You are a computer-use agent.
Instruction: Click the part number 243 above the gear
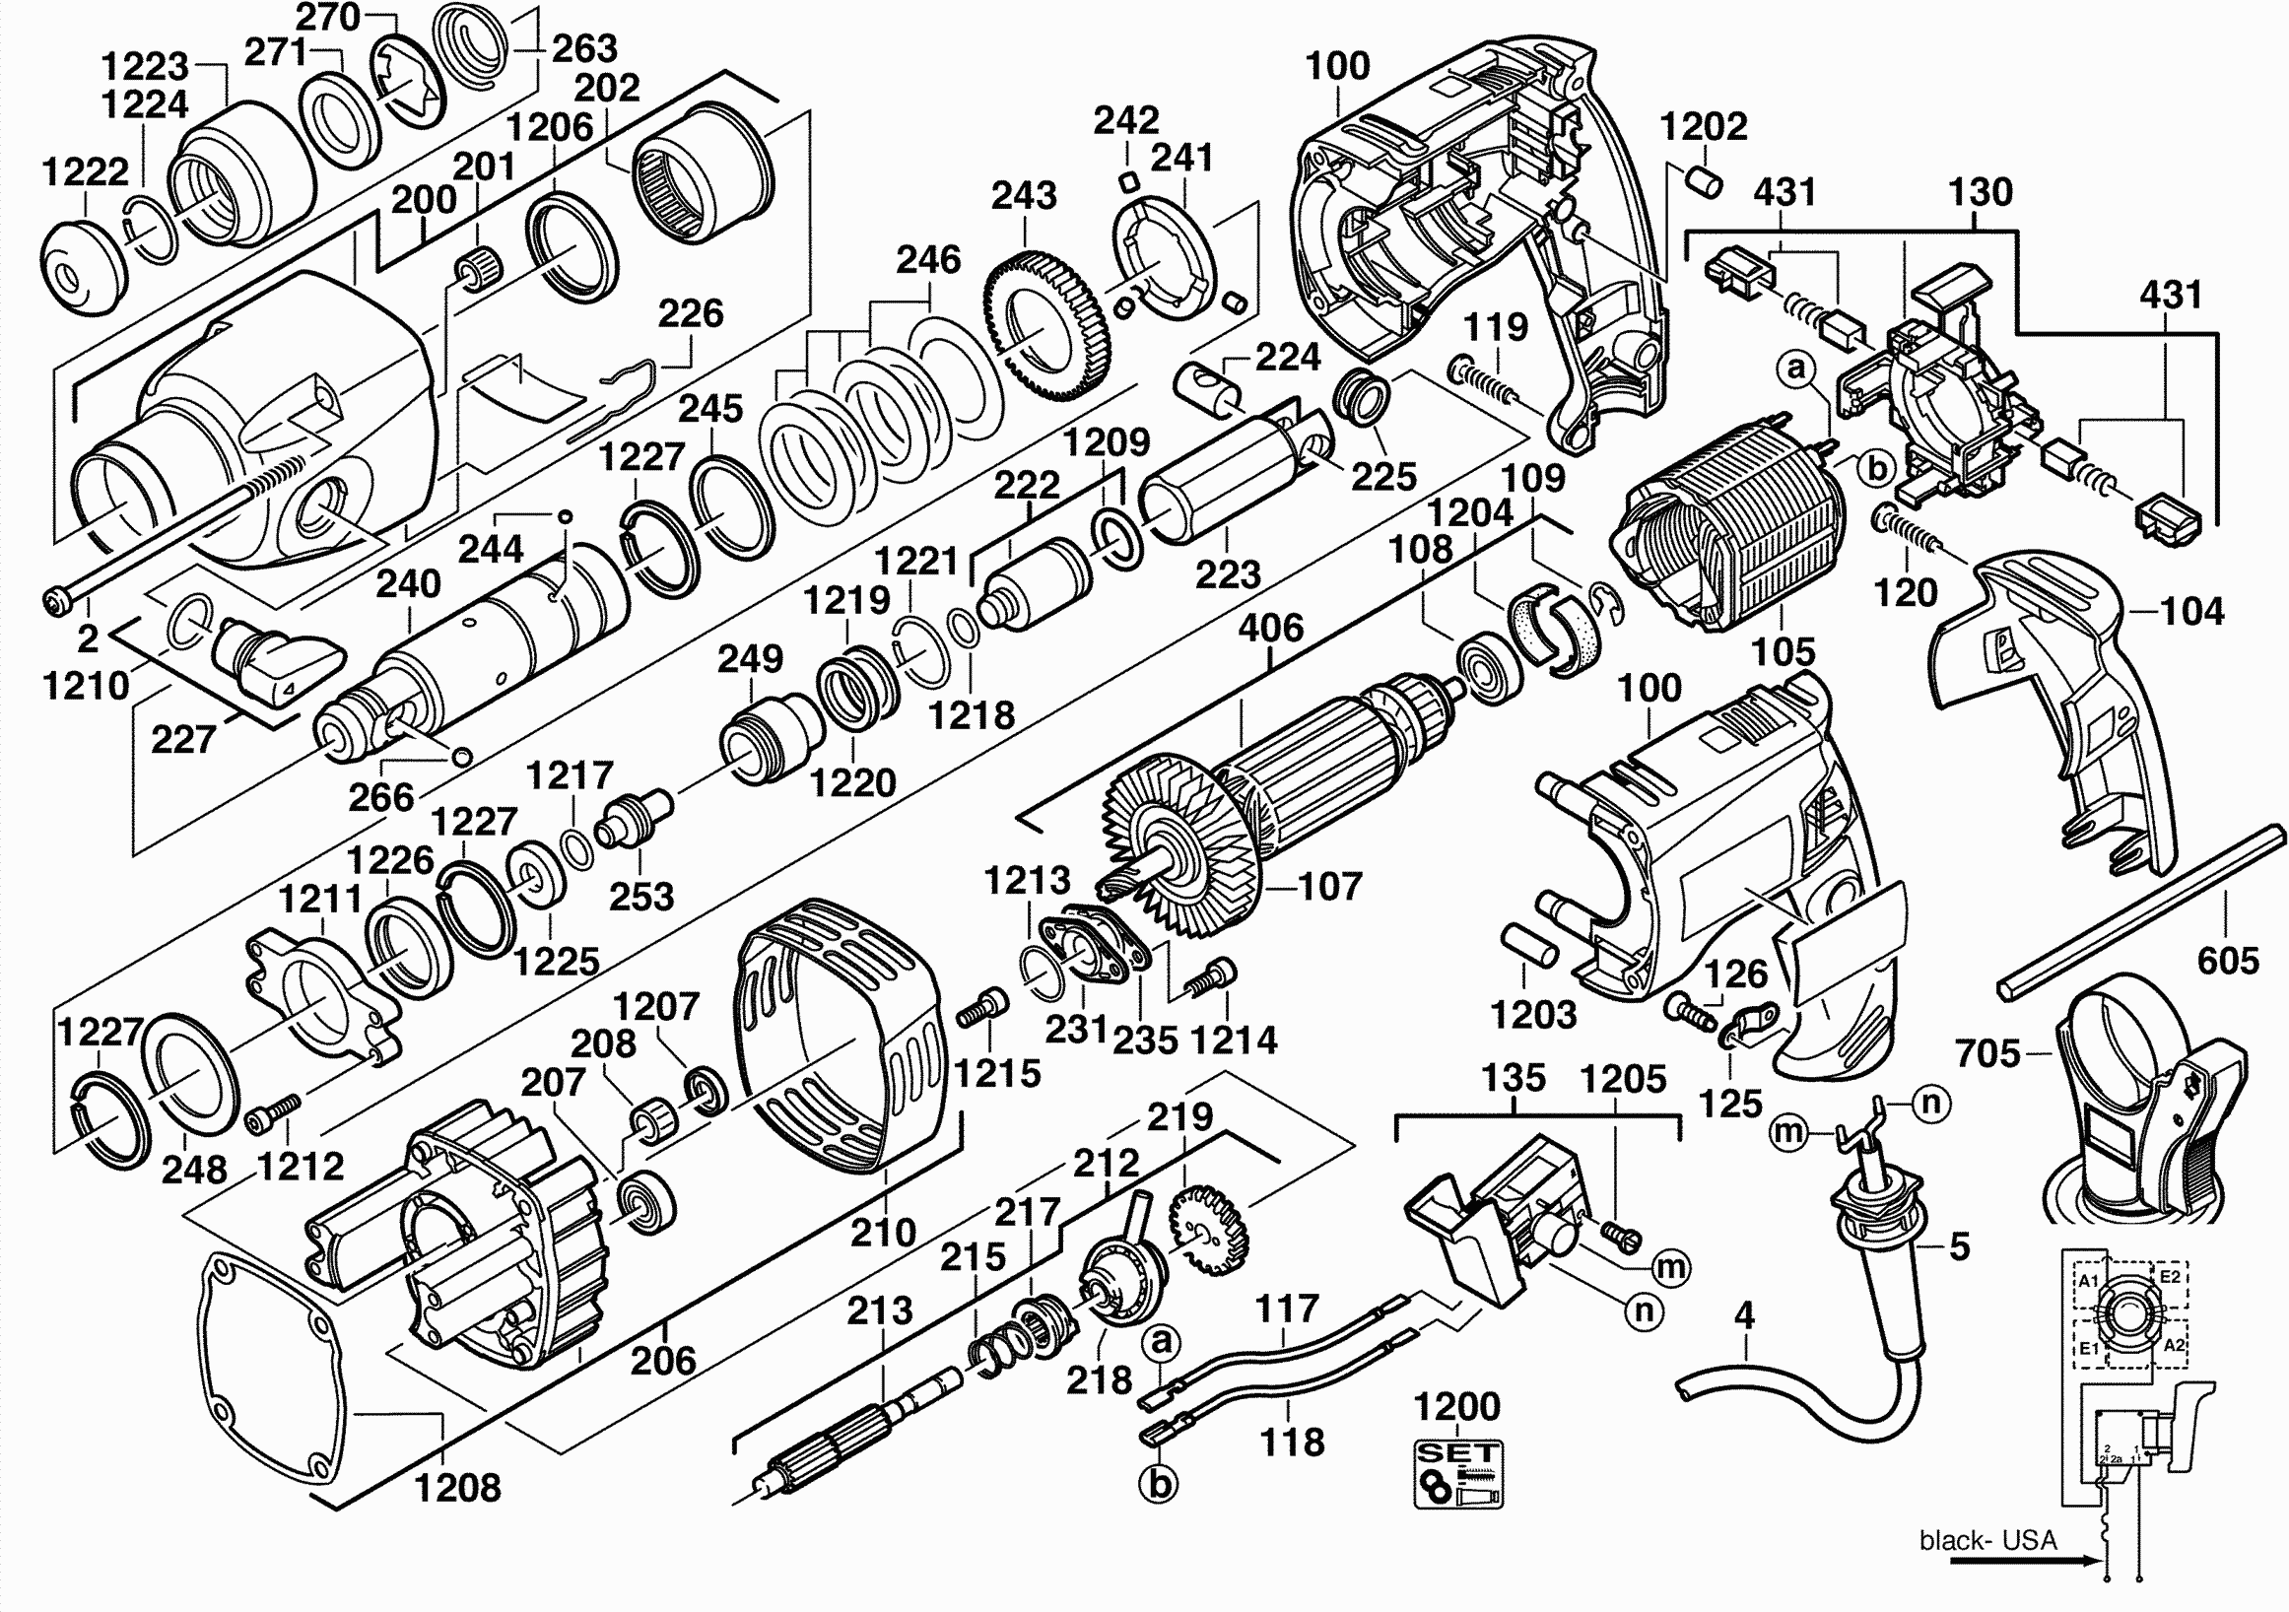point(1023,195)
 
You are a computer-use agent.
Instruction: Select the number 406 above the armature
point(1271,628)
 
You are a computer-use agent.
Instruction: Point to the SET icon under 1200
point(1457,1473)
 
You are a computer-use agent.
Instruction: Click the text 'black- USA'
point(1987,1540)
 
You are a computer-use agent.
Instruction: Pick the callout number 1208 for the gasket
point(457,1488)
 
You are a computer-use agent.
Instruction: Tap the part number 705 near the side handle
point(1987,1052)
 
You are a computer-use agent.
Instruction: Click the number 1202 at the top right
point(1703,126)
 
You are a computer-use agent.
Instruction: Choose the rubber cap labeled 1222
point(83,270)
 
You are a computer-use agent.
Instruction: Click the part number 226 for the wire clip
point(690,314)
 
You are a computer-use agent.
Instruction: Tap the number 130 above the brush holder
point(1980,192)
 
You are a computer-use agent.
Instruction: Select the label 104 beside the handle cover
point(2192,610)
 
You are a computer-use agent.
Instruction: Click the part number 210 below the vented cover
point(882,1233)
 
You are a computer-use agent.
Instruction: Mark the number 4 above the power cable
point(1744,1317)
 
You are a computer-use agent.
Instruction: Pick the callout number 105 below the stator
point(1784,652)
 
